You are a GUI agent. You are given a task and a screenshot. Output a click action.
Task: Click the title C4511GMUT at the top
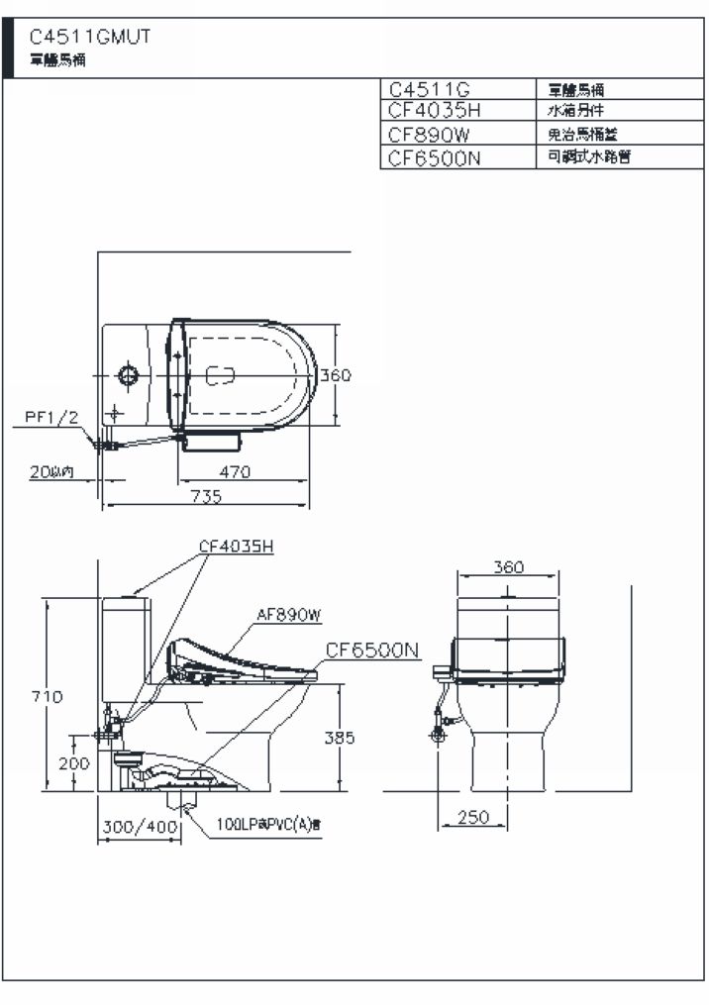point(90,38)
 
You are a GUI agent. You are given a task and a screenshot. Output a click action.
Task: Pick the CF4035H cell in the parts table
point(436,109)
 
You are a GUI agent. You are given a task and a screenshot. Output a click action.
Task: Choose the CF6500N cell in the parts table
point(435,157)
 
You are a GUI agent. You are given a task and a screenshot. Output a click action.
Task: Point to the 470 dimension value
point(234,471)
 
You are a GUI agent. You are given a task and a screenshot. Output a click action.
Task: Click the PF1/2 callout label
point(51,417)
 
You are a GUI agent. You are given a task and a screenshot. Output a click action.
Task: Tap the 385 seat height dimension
point(339,738)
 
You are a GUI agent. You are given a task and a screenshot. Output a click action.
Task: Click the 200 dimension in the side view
point(73,763)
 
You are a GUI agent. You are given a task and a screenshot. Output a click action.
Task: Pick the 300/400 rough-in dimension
point(139,826)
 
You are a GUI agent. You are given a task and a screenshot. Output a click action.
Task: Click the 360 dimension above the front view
point(507,567)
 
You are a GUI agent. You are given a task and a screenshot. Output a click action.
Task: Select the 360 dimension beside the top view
point(336,375)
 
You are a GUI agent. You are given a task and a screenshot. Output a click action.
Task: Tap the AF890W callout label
point(289,615)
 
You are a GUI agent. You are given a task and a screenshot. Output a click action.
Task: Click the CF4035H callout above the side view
point(236,546)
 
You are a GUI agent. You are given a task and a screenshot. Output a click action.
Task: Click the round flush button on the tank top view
point(127,375)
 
